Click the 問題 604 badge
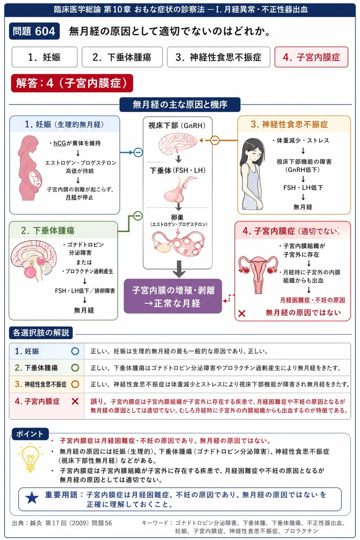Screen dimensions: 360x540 tap(34, 31)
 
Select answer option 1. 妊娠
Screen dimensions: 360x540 tap(44, 57)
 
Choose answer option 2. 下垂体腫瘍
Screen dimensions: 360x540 tap(122, 57)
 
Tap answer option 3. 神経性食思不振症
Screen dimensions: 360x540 tap(219, 57)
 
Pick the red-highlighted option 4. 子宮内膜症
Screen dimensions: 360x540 tap(311, 57)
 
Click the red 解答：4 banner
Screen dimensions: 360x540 tap(72, 83)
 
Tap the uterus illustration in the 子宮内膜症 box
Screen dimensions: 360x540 tap(258, 274)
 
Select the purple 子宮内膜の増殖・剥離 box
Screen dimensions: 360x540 tap(173, 296)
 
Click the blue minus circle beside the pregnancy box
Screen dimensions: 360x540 tap(138, 152)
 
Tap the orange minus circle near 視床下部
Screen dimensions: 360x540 tap(215, 140)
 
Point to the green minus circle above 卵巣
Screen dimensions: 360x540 tap(138, 216)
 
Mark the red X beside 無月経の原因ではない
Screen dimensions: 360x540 tap(242, 313)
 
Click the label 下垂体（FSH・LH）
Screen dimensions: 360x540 tap(178, 170)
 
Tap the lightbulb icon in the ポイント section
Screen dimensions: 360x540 tap(30, 457)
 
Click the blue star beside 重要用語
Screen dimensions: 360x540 tap(32, 498)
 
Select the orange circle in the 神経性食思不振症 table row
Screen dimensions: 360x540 tap(75, 384)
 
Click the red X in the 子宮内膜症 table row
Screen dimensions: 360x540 tap(75, 401)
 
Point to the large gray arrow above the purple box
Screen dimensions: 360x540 tap(179, 269)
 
